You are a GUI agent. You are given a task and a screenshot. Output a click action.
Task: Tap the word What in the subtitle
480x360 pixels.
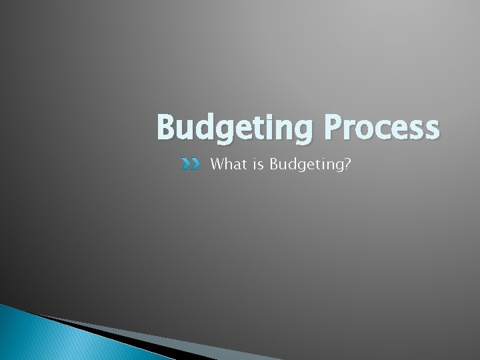226,164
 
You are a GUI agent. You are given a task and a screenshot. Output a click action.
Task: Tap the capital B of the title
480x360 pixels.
167,127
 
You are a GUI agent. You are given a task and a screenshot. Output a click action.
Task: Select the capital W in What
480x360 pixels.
216,164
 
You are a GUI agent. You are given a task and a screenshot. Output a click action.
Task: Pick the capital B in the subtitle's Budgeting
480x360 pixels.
274,164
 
